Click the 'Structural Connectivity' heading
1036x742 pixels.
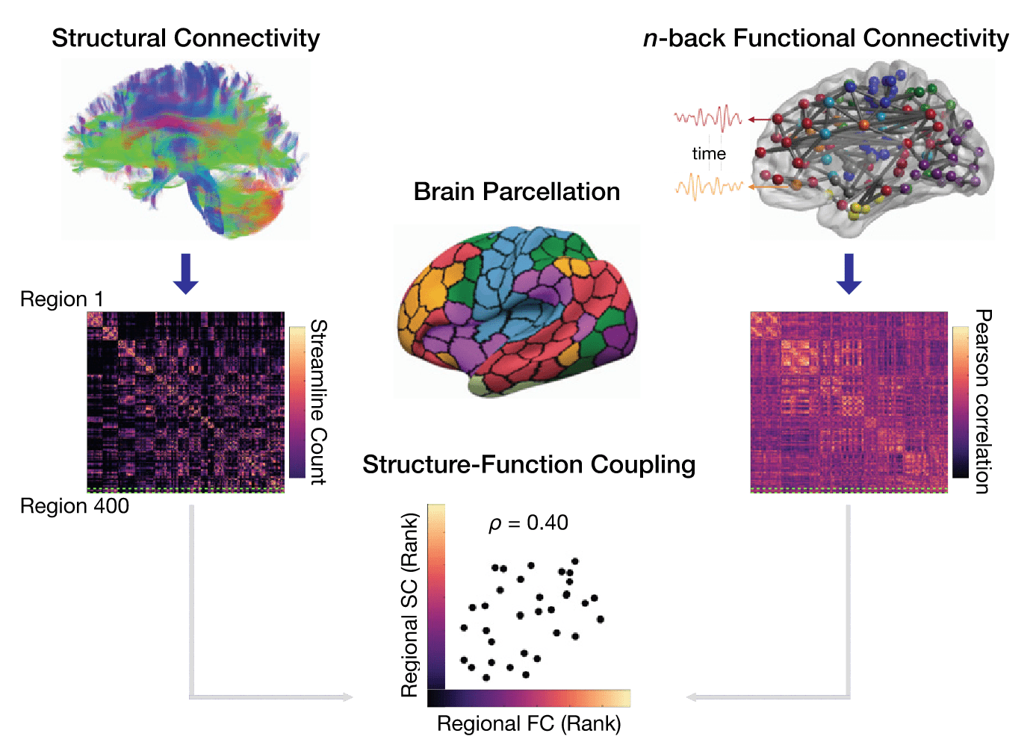click(185, 38)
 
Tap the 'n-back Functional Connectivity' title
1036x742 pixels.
click(825, 38)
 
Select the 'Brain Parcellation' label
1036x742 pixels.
click(516, 192)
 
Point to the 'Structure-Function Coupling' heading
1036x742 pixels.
click(529, 465)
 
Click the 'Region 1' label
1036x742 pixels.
click(61, 299)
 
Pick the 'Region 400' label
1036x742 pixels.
click(74, 506)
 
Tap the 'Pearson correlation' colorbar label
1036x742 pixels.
click(983, 402)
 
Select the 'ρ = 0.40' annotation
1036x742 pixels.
click(528, 523)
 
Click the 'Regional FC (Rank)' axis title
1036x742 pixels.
click(529, 723)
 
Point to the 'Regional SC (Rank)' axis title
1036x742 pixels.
click(409, 605)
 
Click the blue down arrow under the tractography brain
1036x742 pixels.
click(185, 273)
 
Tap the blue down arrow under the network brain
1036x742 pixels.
click(849, 273)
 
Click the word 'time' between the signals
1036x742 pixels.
click(709, 154)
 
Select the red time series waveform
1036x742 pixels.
click(707, 118)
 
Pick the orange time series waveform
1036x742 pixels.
click(708, 186)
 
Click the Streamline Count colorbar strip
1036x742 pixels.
click(297, 402)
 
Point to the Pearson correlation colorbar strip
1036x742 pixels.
click(961, 402)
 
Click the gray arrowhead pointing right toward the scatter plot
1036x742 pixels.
click(347, 697)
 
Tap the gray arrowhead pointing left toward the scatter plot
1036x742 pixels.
click(692, 697)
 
